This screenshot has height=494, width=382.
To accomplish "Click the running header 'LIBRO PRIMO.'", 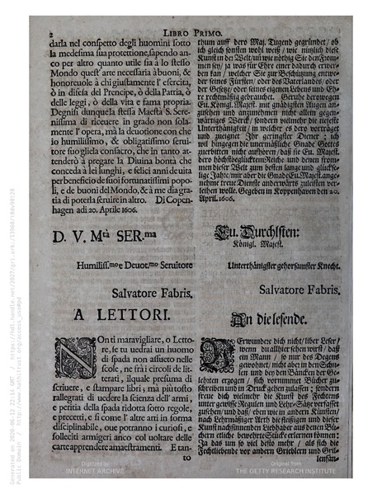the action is tap(191, 30).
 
